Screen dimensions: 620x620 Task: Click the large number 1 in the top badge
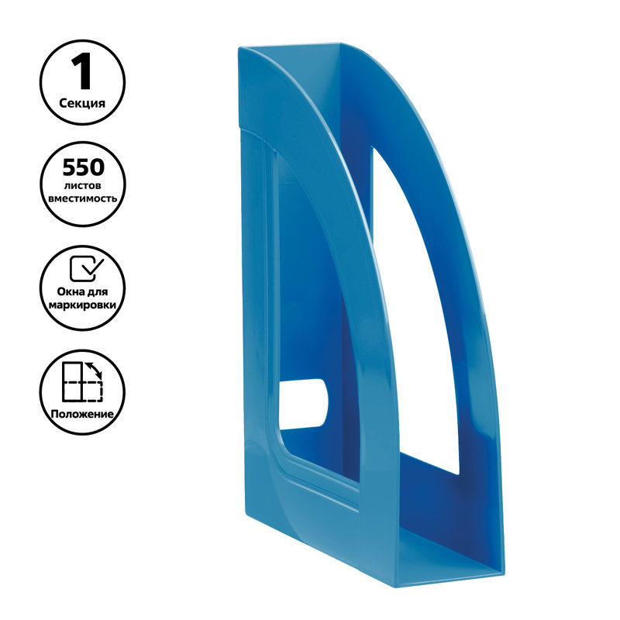pos(82,71)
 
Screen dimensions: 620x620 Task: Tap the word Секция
pos(82,104)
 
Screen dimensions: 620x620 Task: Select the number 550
pos(84,167)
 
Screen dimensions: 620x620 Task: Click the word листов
pos(83,185)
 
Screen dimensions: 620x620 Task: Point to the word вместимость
pos(83,198)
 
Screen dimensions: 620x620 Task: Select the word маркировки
pos(82,305)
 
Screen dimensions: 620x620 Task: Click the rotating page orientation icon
pos(83,381)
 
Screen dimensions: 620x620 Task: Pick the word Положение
pos(82,414)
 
